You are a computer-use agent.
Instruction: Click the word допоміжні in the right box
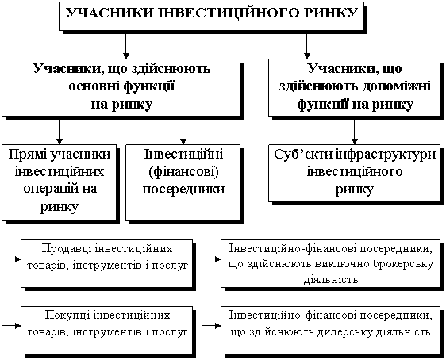397,86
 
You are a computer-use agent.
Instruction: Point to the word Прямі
27,155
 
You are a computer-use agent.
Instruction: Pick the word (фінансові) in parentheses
183,173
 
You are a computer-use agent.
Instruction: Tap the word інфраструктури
386,155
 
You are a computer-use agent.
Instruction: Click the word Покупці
67,316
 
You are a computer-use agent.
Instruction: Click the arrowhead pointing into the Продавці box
18,259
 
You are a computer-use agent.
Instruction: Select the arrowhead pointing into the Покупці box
18,325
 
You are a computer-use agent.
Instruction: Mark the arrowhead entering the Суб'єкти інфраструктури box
355,141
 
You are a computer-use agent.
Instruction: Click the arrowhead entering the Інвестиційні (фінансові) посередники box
183,141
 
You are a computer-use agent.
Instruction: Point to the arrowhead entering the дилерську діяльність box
218,325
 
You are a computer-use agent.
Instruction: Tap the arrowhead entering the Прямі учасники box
60,141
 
